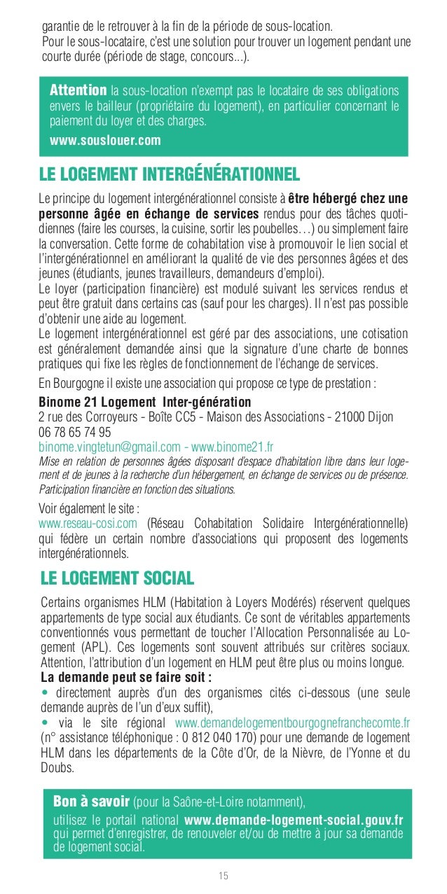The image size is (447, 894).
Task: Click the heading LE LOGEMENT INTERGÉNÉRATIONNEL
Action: point(170,172)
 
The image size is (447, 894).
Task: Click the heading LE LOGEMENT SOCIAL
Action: point(117,578)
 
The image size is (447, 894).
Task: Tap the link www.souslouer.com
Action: point(105,140)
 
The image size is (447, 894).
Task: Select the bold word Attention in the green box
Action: point(78,92)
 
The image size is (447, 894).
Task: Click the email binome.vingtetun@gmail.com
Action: point(109,446)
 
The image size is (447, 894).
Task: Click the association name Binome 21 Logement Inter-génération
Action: point(145,402)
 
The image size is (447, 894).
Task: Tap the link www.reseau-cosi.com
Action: point(88,524)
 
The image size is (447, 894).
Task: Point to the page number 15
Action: point(224,875)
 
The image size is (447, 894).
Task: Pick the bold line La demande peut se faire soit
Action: point(126,677)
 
